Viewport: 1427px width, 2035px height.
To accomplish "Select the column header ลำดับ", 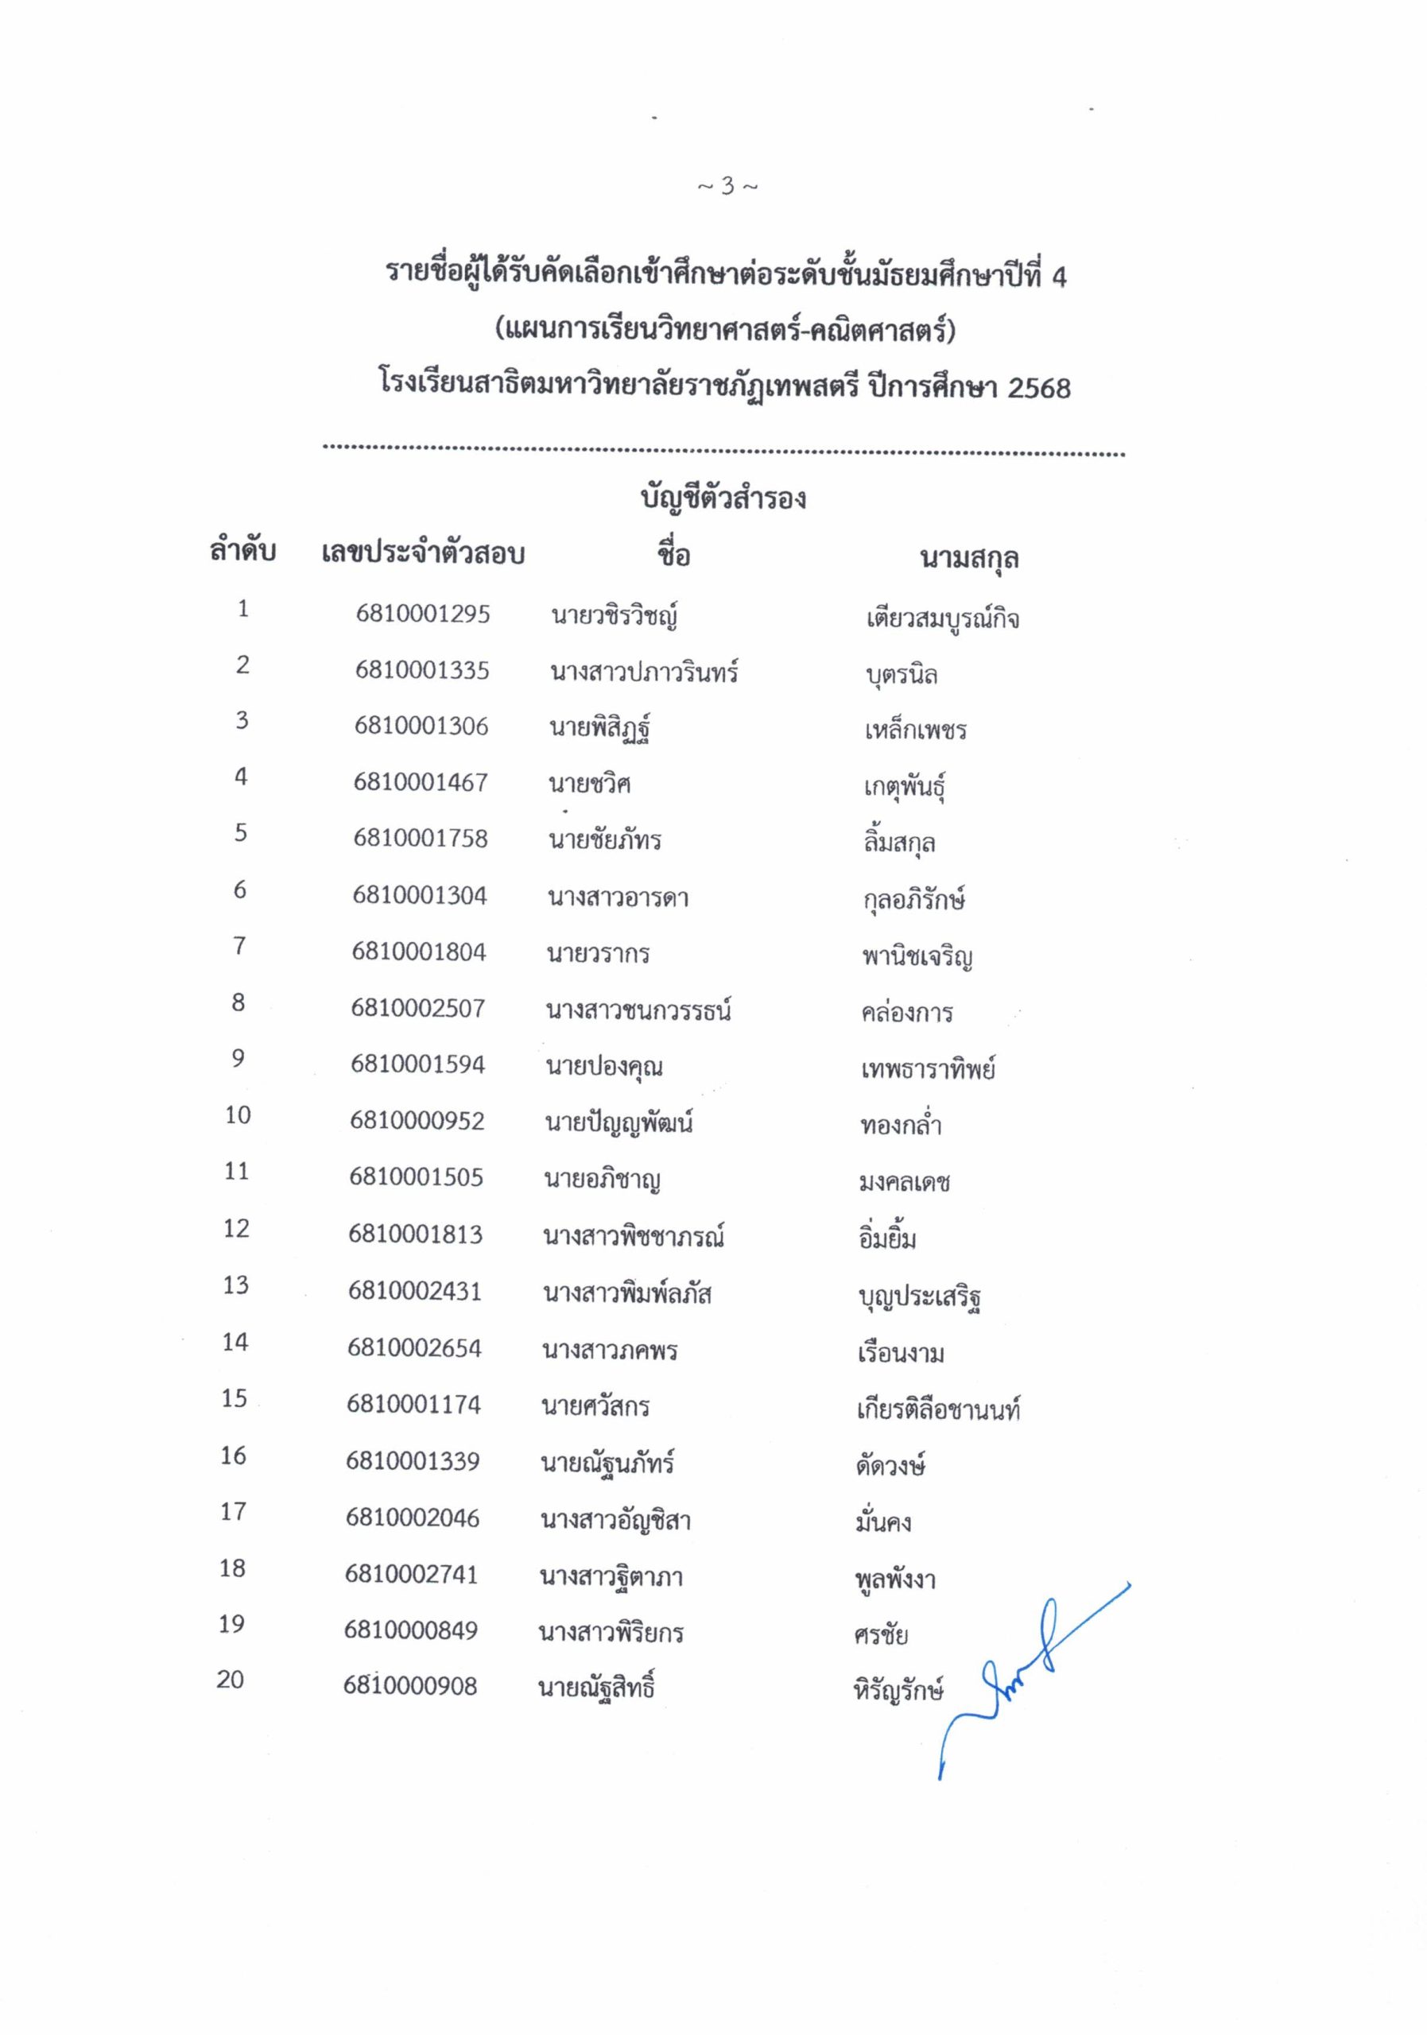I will tap(242, 552).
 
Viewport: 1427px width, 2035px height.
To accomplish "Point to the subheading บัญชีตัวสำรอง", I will tap(723, 498).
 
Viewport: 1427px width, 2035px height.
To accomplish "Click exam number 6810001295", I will tap(423, 614).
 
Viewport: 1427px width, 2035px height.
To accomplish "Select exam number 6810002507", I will tap(417, 1008).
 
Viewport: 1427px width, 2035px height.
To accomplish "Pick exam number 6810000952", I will tap(417, 1120).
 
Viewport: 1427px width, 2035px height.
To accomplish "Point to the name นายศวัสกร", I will tap(595, 1405).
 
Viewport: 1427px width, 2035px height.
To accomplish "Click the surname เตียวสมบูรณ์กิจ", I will tap(942, 618).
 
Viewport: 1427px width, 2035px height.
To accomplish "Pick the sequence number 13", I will tap(236, 1285).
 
